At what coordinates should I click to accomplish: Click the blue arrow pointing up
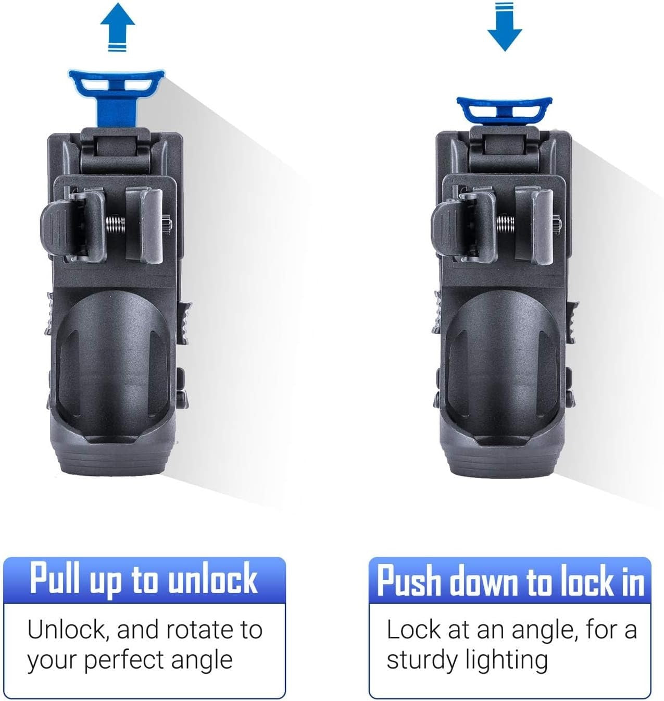118,27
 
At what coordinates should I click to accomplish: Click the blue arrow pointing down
504,27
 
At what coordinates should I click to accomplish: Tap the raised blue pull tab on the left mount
117,96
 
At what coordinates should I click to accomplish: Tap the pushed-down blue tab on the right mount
504,110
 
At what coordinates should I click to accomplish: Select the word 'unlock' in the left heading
213,579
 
